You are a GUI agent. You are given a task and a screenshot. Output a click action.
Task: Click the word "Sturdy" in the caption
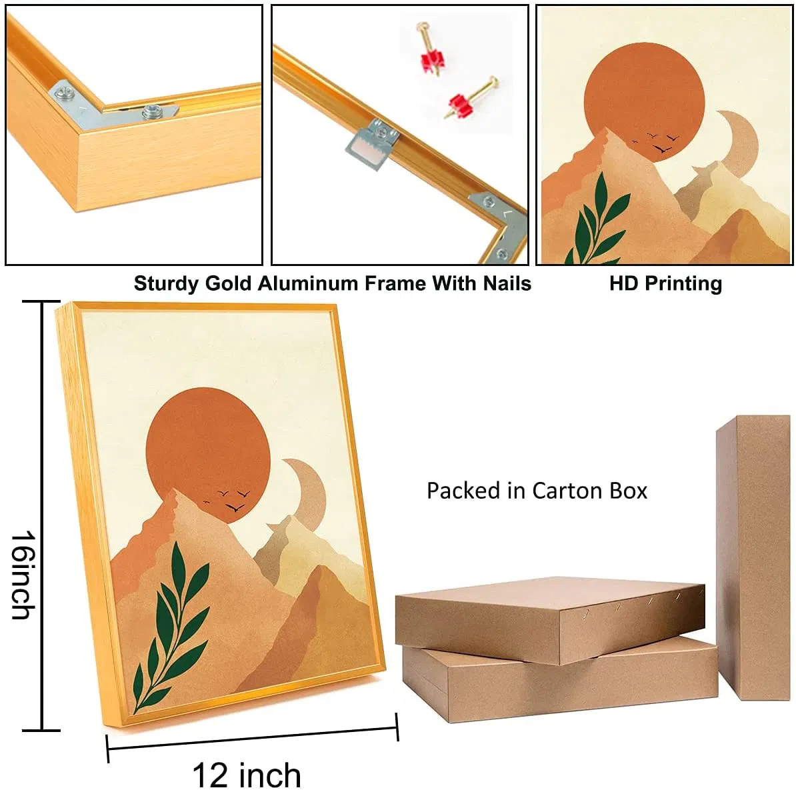click(167, 284)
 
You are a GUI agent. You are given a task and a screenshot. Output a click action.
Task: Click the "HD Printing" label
click(665, 284)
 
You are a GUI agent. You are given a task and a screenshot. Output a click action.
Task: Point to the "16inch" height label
click(23, 575)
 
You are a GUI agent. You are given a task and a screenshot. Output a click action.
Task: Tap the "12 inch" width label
click(247, 775)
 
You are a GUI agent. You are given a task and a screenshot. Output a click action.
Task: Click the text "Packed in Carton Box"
click(537, 491)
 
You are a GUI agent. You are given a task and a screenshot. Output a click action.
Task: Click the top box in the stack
click(550, 620)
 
